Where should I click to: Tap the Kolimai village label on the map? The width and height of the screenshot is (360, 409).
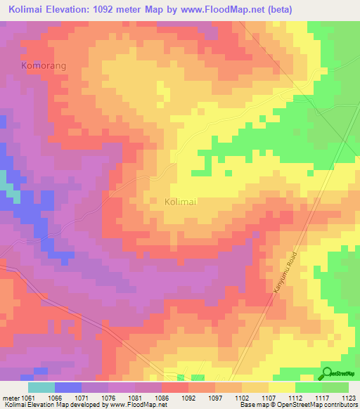point(180,201)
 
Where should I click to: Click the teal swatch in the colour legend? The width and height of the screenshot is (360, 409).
point(41,387)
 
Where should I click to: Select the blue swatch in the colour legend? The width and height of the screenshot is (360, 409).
point(67,387)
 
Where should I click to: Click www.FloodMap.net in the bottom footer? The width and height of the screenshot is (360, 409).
point(134,404)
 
